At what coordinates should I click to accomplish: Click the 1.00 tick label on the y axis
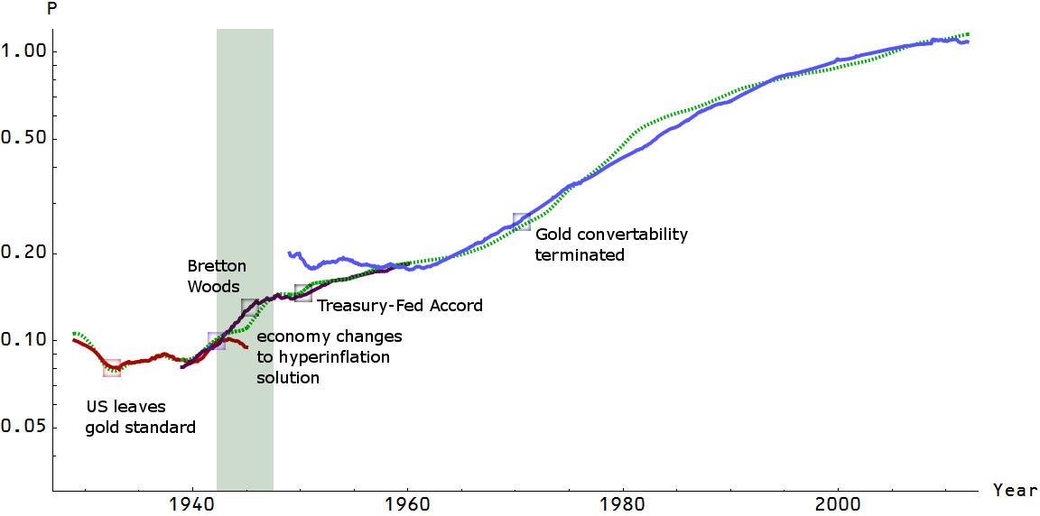pyautogui.click(x=23, y=51)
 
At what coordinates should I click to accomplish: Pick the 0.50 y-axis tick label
pyautogui.click(x=23, y=139)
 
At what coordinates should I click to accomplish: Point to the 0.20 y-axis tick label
pyautogui.click(x=23, y=253)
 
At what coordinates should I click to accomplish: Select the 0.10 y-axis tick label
pyautogui.click(x=23, y=340)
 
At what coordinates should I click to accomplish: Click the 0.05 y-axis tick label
pyautogui.click(x=23, y=428)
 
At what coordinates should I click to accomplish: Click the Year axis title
pyautogui.click(x=1014, y=491)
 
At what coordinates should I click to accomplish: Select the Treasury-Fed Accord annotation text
pyautogui.click(x=399, y=306)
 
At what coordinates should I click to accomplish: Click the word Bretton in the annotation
pyautogui.click(x=217, y=266)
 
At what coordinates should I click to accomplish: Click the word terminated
pyautogui.click(x=580, y=254)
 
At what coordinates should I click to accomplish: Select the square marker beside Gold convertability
pyautogui.click(x=522, y=222)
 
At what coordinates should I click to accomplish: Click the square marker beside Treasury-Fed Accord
pyautogui.click(x=303, y=293)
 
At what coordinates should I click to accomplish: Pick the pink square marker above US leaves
pyautogui.click(x=112, y=368)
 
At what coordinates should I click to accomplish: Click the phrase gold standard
pyautogui.click(x=140, y=428)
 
